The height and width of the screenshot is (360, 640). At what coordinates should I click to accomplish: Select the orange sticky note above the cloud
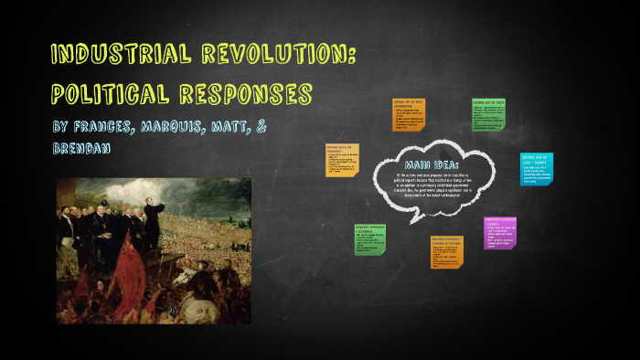(408, 113)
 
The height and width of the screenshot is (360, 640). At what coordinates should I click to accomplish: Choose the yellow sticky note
(342, 160)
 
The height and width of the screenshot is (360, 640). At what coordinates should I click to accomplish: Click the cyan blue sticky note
(536, 169)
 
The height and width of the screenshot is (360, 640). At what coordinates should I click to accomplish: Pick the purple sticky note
(501, 233)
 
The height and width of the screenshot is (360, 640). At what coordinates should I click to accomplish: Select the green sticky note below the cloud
(369, 239)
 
